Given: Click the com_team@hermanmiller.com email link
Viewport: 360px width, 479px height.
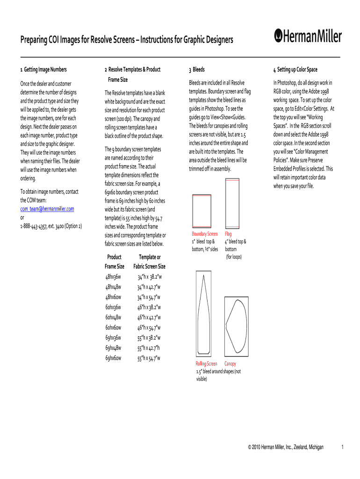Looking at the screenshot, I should (x=47, y=209).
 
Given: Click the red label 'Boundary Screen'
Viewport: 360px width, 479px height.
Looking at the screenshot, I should (x=205, y=234).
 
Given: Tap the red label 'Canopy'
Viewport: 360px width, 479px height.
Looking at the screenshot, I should (x=230, y=364).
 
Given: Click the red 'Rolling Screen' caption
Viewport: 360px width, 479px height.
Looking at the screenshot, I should (x=206, y=364).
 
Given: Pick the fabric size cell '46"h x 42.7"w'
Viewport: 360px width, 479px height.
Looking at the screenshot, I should (x=149, y=318).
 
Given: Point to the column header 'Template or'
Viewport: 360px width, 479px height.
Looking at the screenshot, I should (x=150, y=257).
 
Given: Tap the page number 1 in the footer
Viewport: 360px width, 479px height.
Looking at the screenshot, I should (x=343, y=447).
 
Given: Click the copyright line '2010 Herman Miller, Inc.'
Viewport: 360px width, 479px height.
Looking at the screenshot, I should (x=285, y=447).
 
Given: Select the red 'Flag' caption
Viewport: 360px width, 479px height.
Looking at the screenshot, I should (x=228, y=234).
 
